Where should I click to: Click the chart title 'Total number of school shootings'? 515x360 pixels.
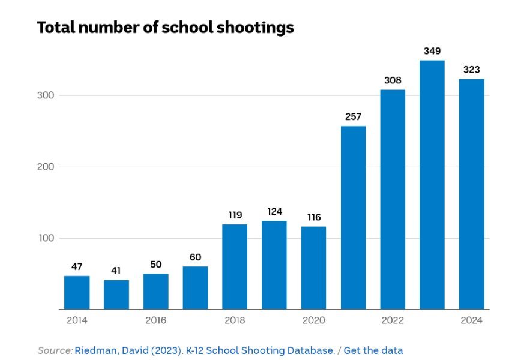point(165,28)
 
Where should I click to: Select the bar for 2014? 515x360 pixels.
point(77,292)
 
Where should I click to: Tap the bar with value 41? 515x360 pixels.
point(116,295)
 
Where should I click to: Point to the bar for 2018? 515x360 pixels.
point(235,266)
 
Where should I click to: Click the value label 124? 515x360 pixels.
point(274,211)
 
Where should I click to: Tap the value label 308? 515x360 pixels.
point(393,80)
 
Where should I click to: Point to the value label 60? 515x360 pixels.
point(195,257)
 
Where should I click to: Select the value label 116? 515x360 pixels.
point(313,217)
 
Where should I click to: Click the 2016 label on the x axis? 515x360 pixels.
point(155,320)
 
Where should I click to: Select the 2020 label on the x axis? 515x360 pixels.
point(313,320)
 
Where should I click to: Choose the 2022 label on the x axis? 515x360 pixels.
point(393,320)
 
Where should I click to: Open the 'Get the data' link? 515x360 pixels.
point(373,350)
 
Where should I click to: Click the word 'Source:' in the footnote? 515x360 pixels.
point(55,350)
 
